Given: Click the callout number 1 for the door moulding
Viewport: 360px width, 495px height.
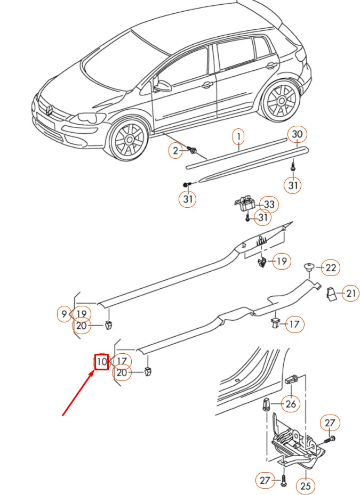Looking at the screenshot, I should click(x=239, y=137).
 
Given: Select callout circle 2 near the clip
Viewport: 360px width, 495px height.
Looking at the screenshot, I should click(x=175, y=151).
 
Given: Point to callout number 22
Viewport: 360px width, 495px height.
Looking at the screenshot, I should click(x=331, y=267).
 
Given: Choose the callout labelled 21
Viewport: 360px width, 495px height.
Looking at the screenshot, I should click(x=350, y=293).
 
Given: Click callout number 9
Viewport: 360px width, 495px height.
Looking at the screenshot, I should click(x=64, y=314).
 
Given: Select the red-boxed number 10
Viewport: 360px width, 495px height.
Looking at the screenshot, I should click(x=101, y=362).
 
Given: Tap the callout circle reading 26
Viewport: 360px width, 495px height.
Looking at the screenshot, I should click(x=291, y=404).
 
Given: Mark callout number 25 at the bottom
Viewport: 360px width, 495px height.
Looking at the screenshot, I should click(x=305, y=485).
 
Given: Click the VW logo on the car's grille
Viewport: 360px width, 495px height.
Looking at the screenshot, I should click(x=49, y=111).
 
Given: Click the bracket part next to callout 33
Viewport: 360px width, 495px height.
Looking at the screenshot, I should click(x=246, y=204).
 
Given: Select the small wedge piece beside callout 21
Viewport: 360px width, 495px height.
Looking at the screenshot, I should click(x=331, y=294).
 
